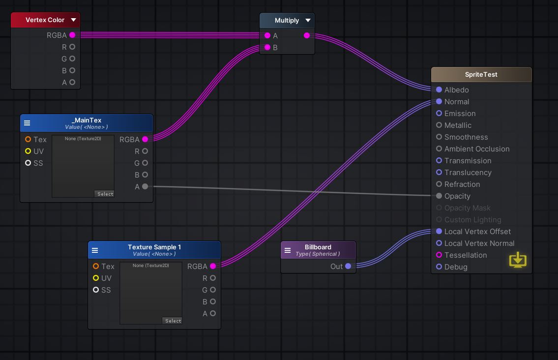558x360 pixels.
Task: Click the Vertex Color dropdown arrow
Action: [x=73, y=20]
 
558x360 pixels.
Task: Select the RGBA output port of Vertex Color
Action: [x=72, y=35]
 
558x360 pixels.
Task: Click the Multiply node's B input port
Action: [x=267, y=48]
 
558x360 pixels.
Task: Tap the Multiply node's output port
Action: [x=307, y=35]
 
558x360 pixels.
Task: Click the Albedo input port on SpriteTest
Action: [x=439, y=90]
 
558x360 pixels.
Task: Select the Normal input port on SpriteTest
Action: [x=439, y=102]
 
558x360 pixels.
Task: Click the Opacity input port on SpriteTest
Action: [x=439, y=196]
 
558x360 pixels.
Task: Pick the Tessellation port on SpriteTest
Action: [x=439, y=255]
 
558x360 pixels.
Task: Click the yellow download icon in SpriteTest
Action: [x=518, y=260]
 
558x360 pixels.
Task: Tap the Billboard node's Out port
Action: [x=348, y=267]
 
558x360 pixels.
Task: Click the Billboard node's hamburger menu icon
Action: [x=288, y=250]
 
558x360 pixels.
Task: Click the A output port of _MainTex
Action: [x=145, y=187]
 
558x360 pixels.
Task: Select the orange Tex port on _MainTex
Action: [x=28, y=140]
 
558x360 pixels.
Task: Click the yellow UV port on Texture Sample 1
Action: [x=96, y=278]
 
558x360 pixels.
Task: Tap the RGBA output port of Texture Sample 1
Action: [x=213, y=267]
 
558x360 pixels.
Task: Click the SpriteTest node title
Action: [x=481, y=75]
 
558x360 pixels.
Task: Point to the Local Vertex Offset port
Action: [x=439, y=232]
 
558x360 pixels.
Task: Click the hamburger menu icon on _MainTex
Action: [x=27, y=123]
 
